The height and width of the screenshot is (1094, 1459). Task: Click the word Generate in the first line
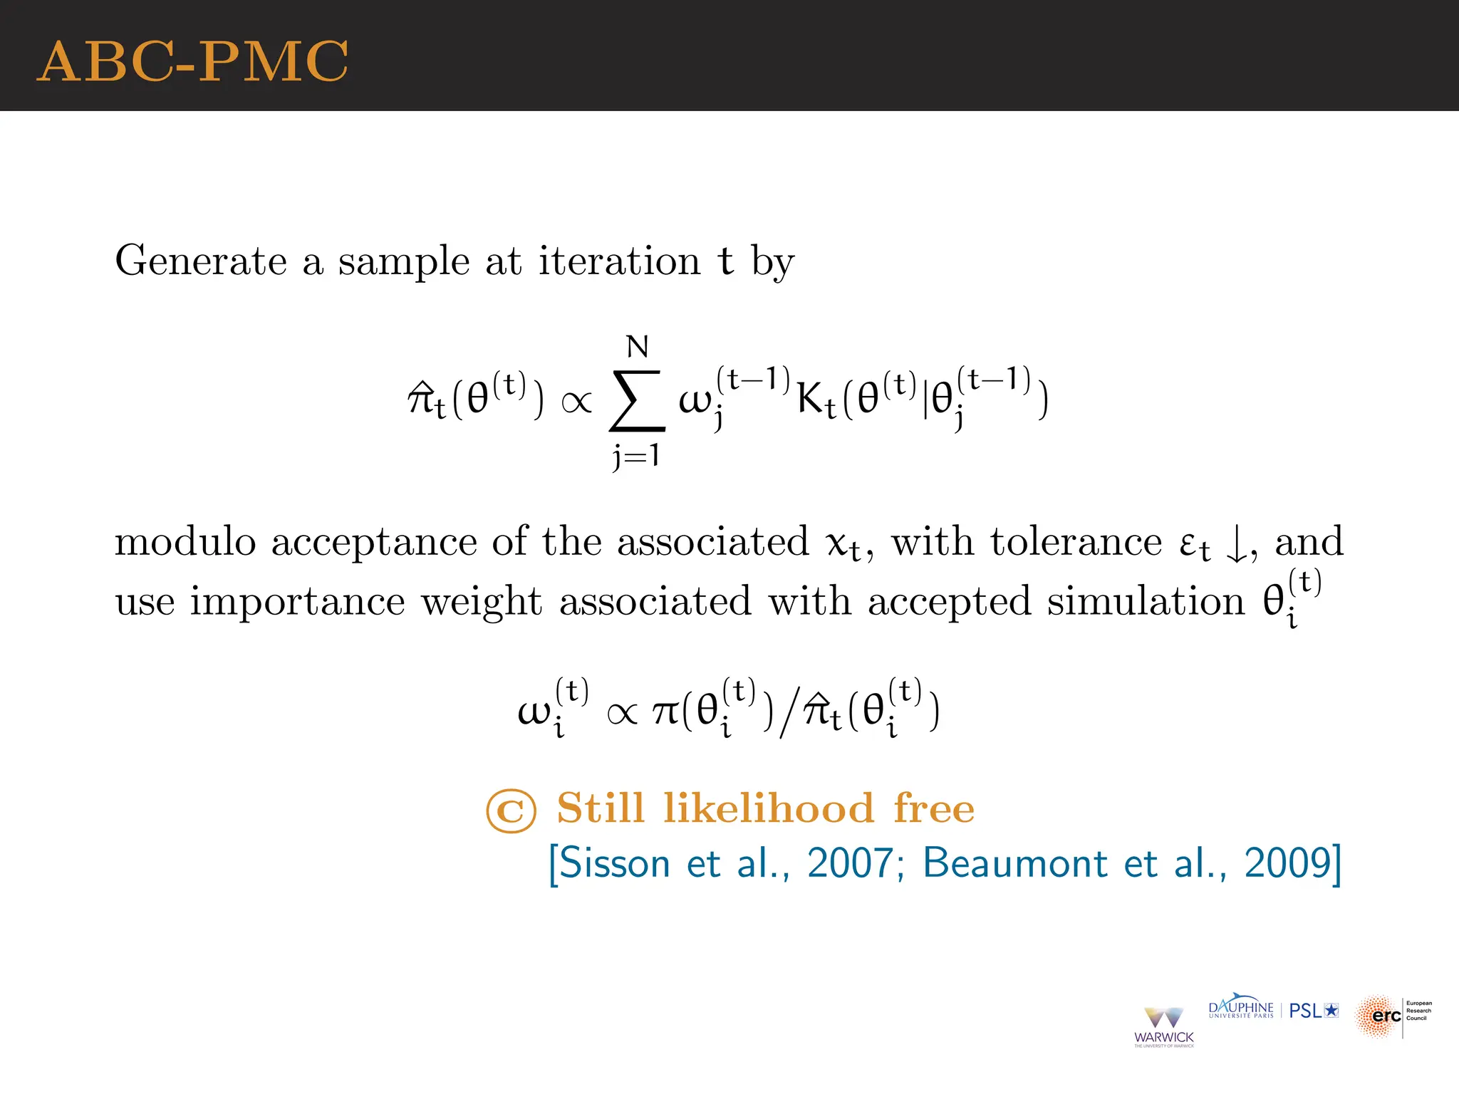(x=201, y=261)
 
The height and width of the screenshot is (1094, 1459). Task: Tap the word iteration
(x=619, y=261)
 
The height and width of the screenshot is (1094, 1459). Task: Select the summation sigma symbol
(x=637, y=400)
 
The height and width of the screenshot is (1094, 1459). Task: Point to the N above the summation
(x=638, y=347)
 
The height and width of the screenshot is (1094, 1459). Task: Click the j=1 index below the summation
(x=636, y=454)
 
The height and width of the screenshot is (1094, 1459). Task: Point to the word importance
(x=297, y=601)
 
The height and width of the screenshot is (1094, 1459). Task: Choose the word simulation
(x=1146, y=601)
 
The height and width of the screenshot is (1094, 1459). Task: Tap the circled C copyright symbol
(x=511, y=811)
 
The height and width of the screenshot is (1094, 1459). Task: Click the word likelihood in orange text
(x=769, y=808)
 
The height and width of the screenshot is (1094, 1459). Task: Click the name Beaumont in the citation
(x=1015, y=863)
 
